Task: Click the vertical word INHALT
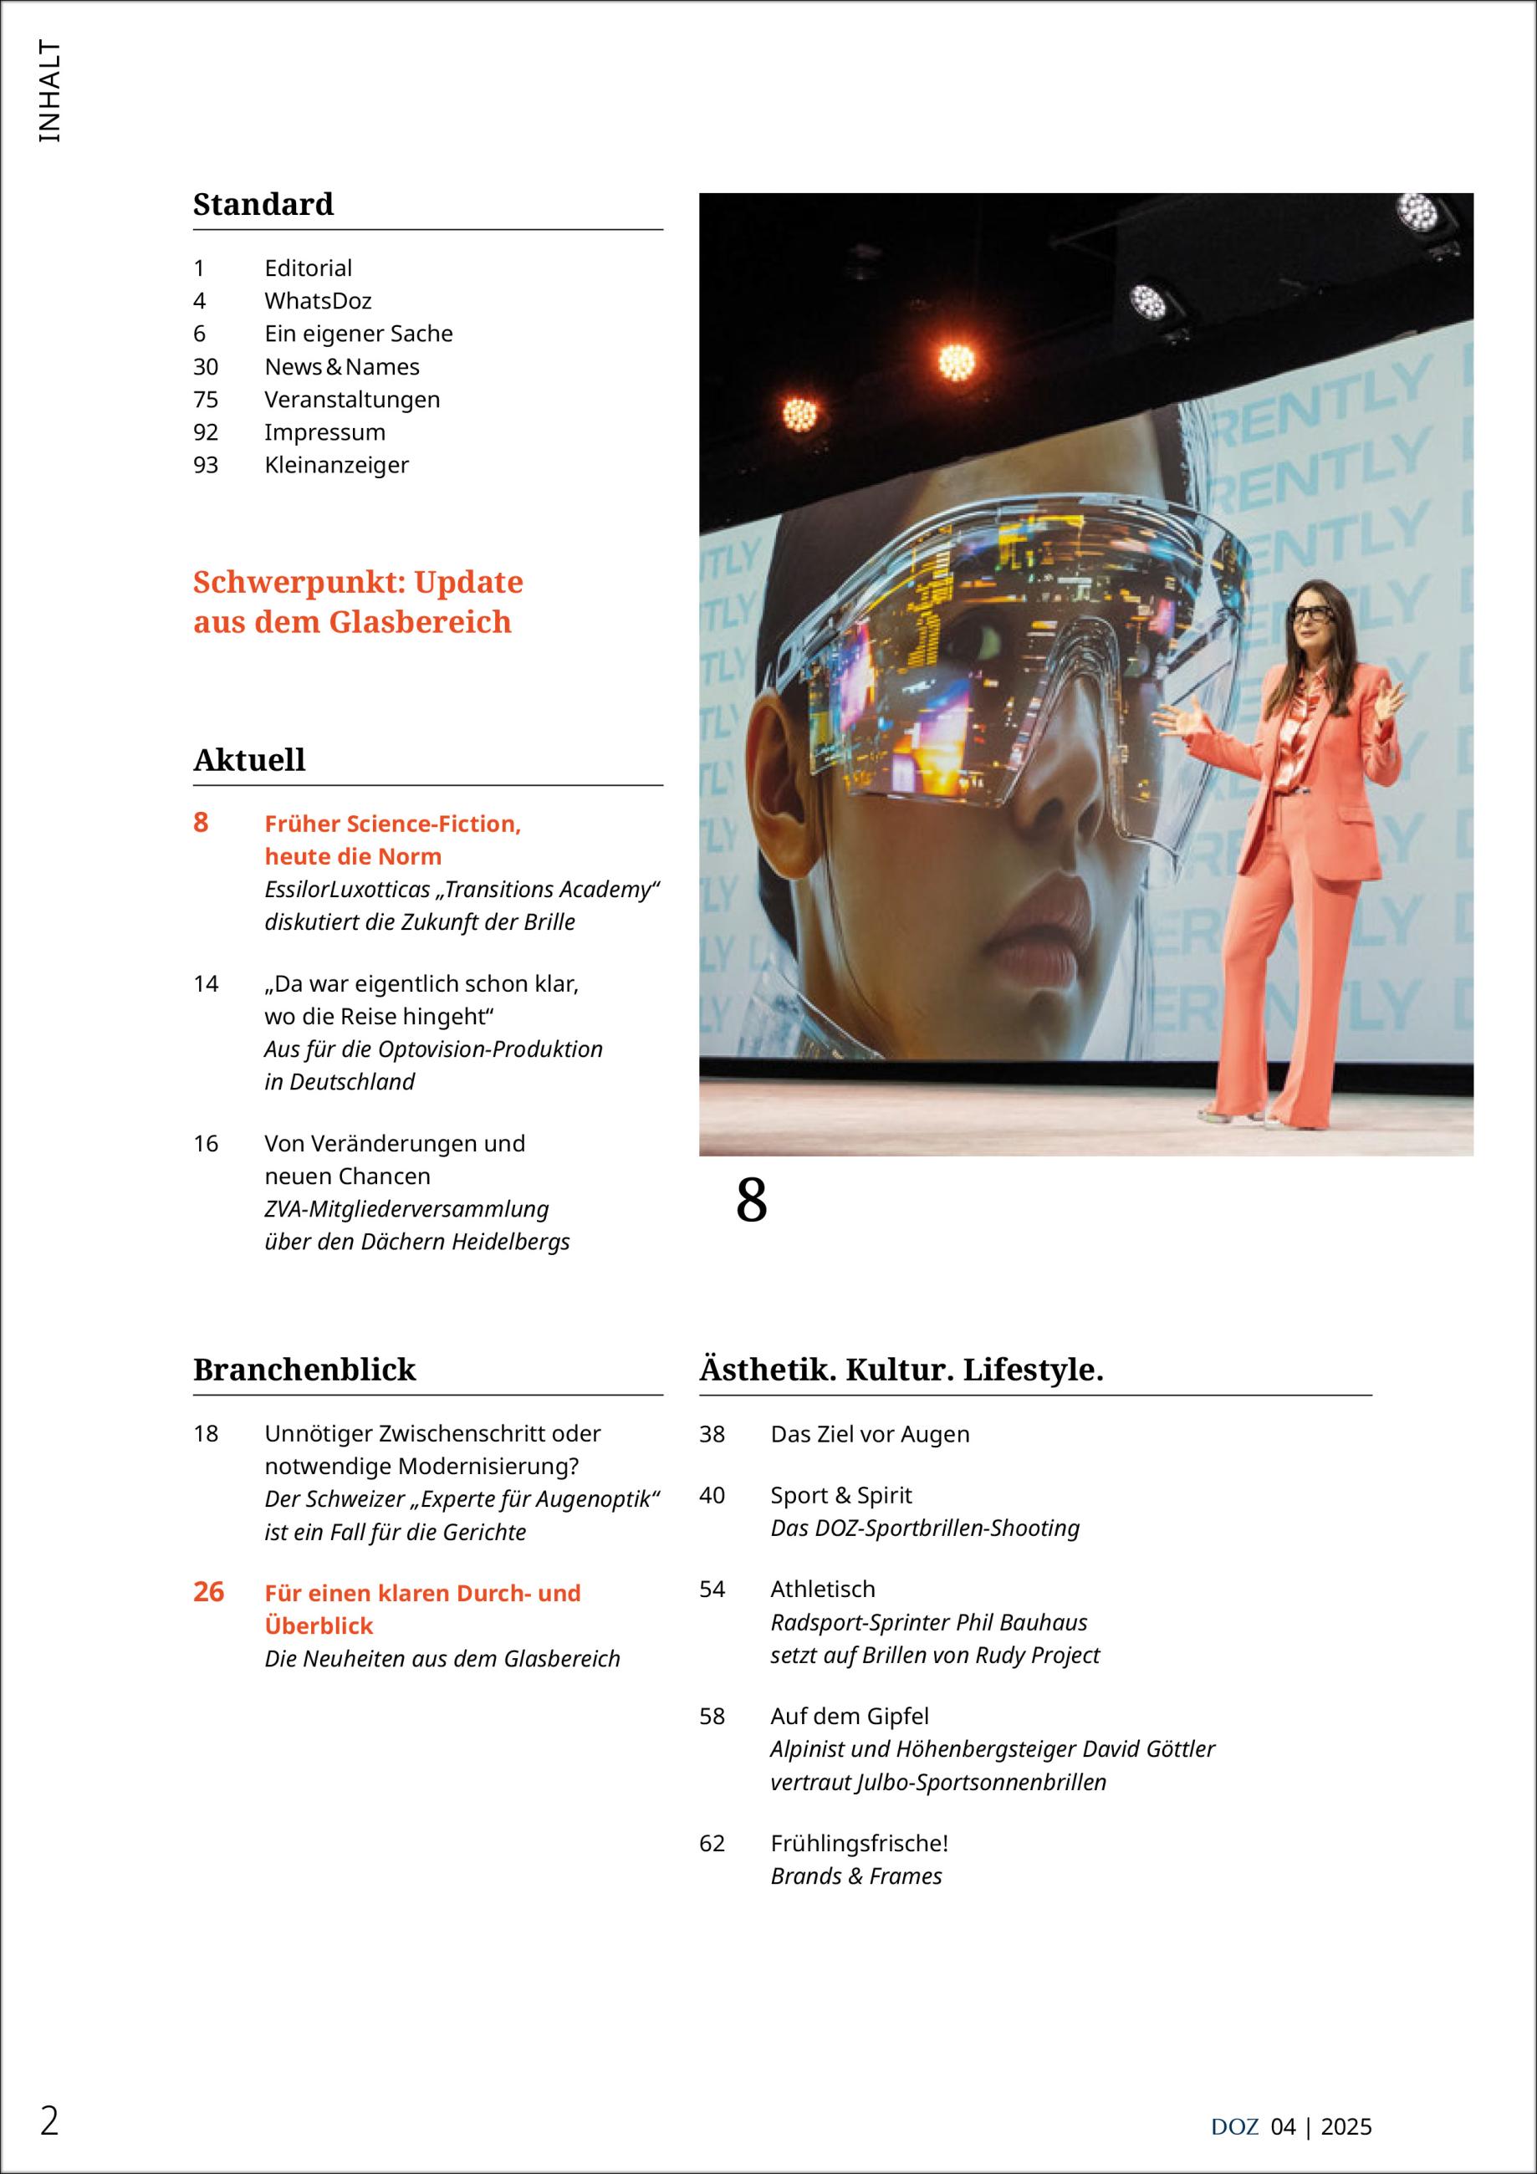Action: click(x=49, y=92)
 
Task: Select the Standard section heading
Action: click(x=263, y=205)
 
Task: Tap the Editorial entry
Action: click(x=308, y=268)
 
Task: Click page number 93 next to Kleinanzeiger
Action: click(x=206, y=465)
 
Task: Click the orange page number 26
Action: click(x=208, y=1592)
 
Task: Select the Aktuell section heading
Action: click(x=249, y=759)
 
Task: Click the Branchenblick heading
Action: click(x=304, y=1369)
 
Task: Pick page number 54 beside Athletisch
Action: click(x=712, y=1589)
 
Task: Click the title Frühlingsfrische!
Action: click(x=859, y=1844)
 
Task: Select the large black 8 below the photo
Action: click(x=751, y=1201)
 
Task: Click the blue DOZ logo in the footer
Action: click(x=1234, y=2126)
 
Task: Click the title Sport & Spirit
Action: click(x=841, y=1495)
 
